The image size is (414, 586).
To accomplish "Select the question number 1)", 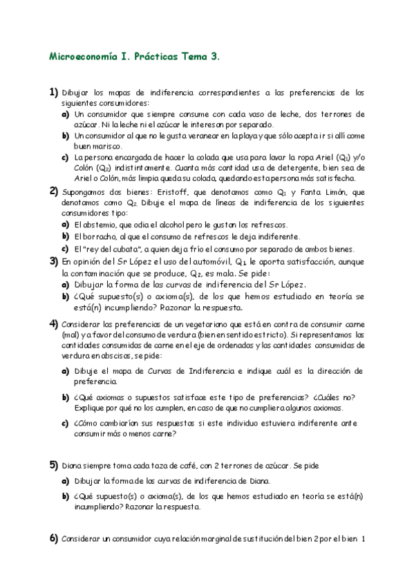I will pos(53,92).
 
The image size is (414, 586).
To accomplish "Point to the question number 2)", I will pos(53,191).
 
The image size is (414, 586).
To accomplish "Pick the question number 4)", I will pos(53,323).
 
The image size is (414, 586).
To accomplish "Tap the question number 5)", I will pos(53,464).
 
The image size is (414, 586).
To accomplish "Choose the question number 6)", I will pos(53,538).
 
